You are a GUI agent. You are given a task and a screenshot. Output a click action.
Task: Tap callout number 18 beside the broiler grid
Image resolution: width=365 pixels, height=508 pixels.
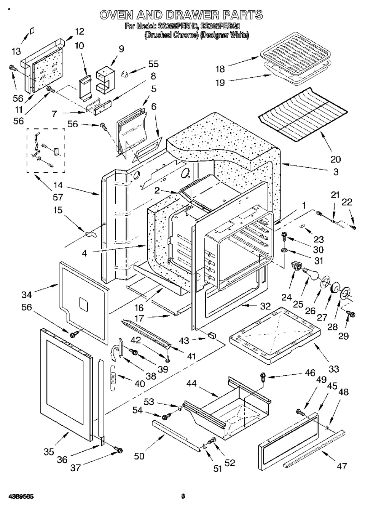[x=220, y=69]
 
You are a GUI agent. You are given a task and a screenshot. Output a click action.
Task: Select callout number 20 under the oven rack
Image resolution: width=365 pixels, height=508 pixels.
[x=335, y=159]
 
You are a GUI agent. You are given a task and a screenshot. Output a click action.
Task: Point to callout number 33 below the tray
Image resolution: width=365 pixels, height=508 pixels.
[x=333, y=369]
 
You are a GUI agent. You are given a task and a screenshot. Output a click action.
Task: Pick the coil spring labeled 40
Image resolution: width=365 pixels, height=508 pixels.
[x=113, y=378]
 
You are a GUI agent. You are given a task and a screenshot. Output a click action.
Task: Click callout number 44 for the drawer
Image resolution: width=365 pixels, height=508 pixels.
[x=192, y=384]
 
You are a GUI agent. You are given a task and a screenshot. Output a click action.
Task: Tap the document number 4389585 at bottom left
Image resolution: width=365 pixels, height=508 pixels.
[x=18, y=496]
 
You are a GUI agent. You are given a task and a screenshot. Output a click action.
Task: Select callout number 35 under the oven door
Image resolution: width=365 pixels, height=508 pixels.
[x=48, y=452]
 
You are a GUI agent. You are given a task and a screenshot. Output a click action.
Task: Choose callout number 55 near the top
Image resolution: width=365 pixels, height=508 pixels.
[x=153, y=64]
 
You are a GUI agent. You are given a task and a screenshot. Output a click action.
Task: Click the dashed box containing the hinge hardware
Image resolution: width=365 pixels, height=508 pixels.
[x=46, y=150]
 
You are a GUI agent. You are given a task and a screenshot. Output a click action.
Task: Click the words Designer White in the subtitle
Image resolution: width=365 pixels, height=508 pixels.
[x=225, y=35]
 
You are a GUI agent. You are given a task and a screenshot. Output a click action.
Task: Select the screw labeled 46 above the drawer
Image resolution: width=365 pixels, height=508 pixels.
[x=263, y=377]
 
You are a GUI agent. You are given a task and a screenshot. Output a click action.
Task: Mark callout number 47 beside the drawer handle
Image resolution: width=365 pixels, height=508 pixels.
[x=341, y=465]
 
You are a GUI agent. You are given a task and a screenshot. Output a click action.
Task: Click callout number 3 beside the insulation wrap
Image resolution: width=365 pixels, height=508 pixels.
[x=335, y=171]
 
